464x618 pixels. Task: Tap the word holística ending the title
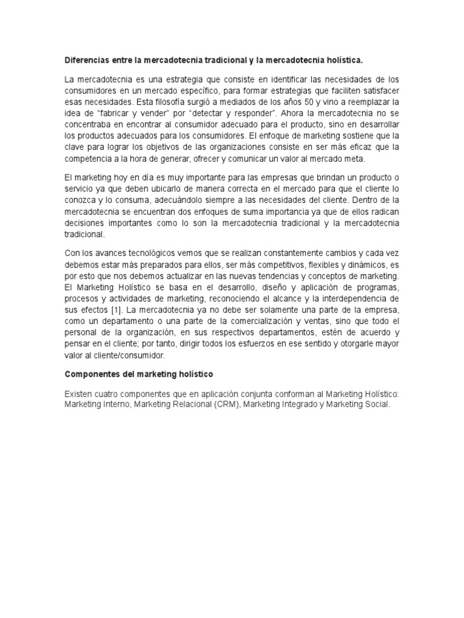click(x=344, y=60)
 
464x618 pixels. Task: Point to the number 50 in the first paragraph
click(x=277, y=102)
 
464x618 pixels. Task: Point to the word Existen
click(x=79, y=393)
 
